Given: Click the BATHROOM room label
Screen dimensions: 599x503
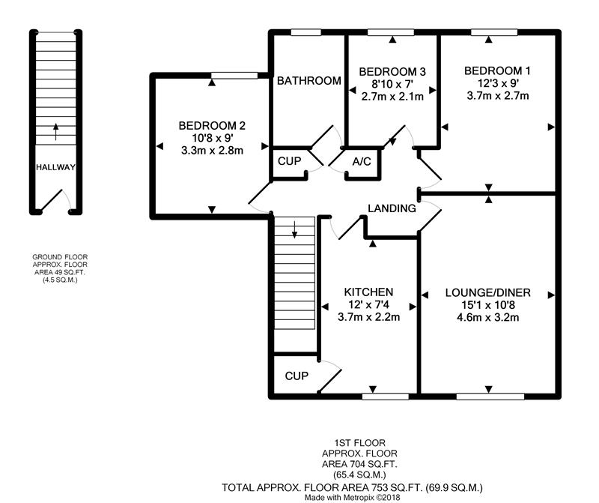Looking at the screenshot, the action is coord(308,81).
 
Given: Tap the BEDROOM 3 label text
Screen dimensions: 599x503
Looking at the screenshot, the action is coord(392,71).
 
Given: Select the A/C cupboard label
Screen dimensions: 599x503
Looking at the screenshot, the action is coord(362,162).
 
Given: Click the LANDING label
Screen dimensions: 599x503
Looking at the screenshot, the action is coord(392,208).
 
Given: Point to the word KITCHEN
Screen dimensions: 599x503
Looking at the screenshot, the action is coord(368,292).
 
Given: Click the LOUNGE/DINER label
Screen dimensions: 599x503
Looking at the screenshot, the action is coord(488,293).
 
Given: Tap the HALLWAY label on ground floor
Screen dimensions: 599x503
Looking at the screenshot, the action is coord(55,167).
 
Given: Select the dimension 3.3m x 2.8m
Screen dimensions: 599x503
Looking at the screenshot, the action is coord(212,151).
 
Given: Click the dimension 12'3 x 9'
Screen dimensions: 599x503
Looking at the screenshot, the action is coord(498,83).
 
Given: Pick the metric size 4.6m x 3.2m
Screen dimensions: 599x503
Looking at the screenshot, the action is coord(488,318).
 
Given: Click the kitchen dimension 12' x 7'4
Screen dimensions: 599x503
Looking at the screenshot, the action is coord(368,305).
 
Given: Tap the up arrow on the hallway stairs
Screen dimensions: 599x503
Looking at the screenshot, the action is coord(55,132).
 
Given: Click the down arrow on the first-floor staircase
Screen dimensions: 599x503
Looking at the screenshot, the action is coord(294,229).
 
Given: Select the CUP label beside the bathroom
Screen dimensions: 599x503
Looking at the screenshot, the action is coord(289,161).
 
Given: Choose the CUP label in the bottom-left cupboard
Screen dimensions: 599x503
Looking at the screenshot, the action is coord(297,376).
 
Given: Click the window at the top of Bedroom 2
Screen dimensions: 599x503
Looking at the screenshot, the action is coord(234,76).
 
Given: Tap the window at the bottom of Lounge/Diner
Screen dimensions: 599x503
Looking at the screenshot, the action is coord(490,397).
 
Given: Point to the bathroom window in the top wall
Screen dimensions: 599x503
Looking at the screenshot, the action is coord(305,32).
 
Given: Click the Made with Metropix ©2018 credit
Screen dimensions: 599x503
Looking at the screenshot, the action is coord(352,498).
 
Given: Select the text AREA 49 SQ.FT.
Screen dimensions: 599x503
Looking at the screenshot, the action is coord(60,272).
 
